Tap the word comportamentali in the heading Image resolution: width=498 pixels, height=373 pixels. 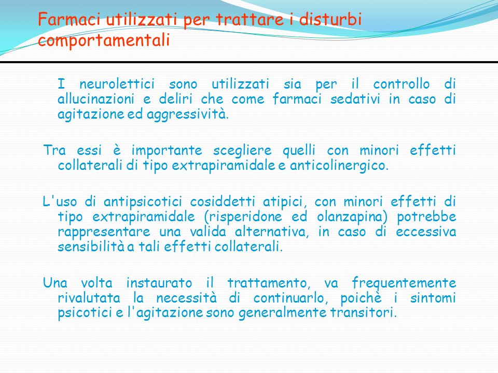pyautogui.click(x=104, y=41)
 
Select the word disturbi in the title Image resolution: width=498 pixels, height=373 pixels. pyautogui.click(x=330, y=19)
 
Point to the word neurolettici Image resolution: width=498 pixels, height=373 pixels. pyautogui.click(x=117, y=84)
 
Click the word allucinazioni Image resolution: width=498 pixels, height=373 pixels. pyautogui.click(x=96, y=99)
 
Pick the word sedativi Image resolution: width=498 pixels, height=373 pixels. pyautogui.click(x=355, y=99)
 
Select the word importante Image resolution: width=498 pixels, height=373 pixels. pyautogui.click(x=167, y=151)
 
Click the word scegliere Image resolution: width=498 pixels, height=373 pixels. pyautogui.click(x=242, y=151)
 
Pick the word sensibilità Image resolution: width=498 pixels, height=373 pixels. pyautogui.click(x=91, y=247)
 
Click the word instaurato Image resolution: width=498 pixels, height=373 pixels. pyautogui.click(x=159, y=283)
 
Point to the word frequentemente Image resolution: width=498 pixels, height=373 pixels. pyautogui.click(x=404, y=283)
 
